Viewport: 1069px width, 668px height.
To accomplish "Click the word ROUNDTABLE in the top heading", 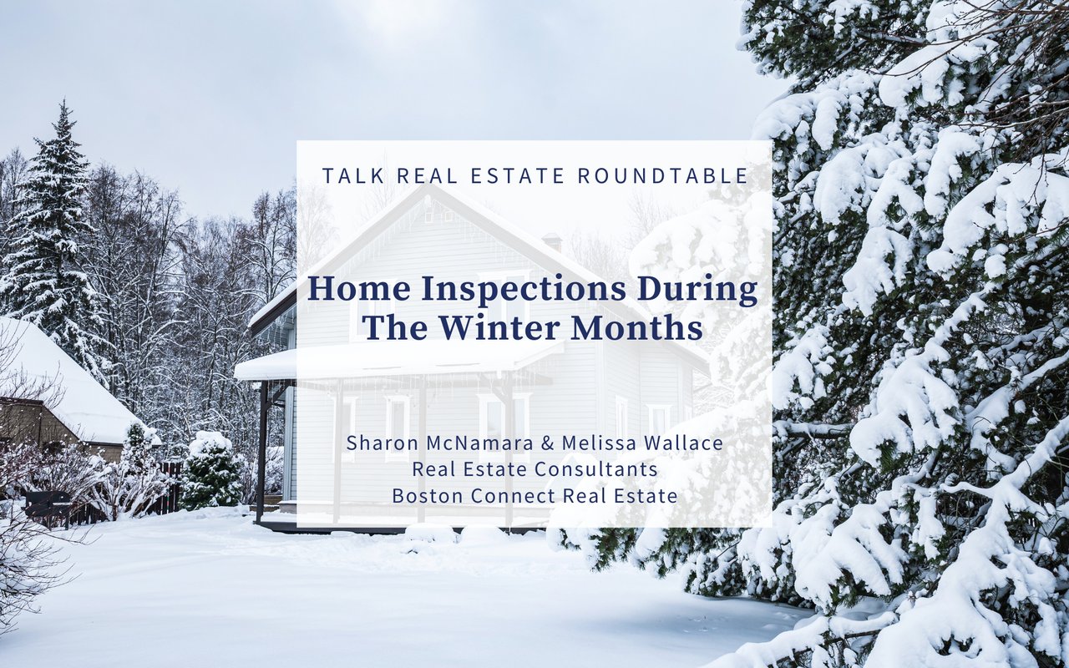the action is coord(663,175).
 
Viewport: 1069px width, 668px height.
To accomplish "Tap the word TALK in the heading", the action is coord(352,175).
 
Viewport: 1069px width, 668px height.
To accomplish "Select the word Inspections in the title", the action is coord(522,289).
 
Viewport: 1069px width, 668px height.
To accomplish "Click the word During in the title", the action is coord(697,289).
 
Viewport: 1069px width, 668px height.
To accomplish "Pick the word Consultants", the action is coord(596,469).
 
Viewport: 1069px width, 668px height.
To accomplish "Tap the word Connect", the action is coord(514,496).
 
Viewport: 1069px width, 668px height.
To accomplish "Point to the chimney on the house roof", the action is coord(553,241).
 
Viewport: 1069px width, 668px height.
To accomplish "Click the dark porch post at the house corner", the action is coord(261,451).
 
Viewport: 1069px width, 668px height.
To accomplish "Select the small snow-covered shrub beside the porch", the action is coord(210,470).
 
